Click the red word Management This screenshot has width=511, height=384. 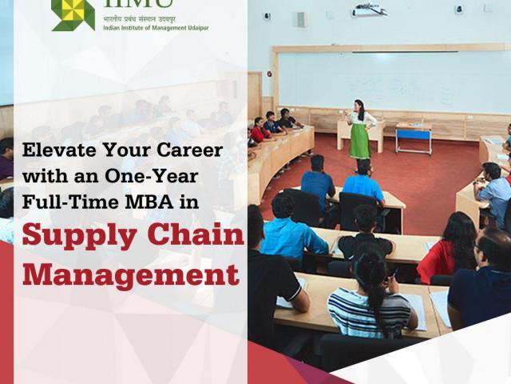pos(131,274)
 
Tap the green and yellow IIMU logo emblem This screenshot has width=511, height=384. pos(73,15)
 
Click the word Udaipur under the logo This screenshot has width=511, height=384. pos(198,28)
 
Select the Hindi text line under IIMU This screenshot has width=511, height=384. pos(139,19)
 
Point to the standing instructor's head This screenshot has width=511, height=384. pos(359,106)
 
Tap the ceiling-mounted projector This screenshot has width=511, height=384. pos(369,9)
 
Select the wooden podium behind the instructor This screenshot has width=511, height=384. pos(360,134)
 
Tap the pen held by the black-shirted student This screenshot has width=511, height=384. pos(394,272)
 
